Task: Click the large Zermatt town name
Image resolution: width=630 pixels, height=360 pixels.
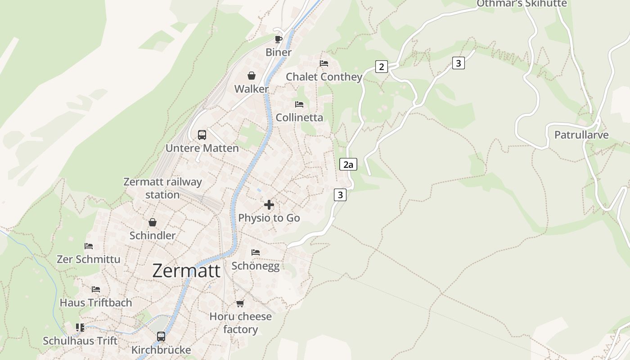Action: [186, 271]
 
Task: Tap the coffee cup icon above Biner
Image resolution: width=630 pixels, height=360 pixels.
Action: [279, 39]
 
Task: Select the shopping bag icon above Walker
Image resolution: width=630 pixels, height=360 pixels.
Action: [252, 76]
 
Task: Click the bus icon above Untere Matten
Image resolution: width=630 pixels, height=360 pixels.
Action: [202, 135]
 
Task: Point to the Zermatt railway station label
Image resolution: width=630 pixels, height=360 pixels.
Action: [162, 188]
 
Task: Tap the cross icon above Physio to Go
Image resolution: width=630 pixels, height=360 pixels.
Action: [269, 205]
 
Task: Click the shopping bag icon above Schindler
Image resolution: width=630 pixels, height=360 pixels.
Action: [153, 222]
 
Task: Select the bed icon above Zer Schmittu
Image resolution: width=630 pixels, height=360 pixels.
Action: [89, 246]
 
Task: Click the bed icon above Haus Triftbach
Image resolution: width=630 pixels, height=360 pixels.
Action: [96, 289]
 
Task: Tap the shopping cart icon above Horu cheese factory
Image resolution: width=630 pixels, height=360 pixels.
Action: [240, 303]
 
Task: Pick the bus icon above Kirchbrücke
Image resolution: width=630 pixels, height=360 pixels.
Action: [161, 336]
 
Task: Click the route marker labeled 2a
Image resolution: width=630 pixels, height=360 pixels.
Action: [348, 164]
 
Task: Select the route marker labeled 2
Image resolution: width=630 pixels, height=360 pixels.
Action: [382, 67]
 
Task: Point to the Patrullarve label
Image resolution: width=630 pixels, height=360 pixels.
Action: [581, 135]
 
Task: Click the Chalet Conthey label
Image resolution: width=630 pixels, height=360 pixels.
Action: [324, 77]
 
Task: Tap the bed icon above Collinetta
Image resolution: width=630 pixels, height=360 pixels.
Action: [299, 104]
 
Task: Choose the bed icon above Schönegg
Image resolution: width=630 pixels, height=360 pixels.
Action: [256, 252]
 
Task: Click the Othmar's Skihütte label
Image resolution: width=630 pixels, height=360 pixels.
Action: [522, 4]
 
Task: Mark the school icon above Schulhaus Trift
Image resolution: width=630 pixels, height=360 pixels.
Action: [80, 327]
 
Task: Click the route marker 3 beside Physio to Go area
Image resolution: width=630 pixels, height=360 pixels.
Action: [340, 195]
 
